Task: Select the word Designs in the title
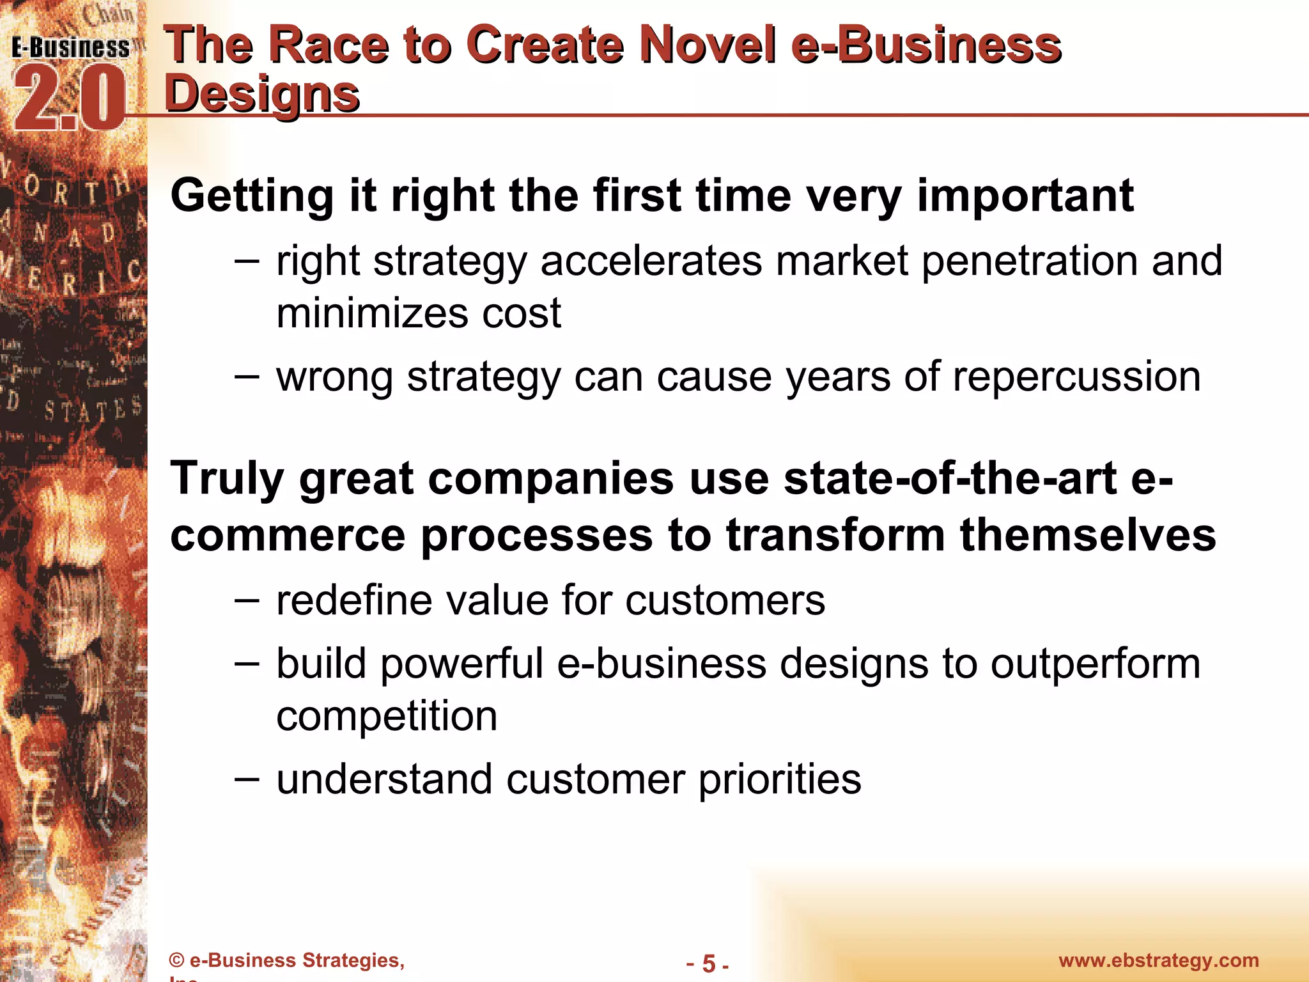(x=262, y=94)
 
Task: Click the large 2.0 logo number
(x=69, y=100)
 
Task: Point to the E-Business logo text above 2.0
(x=70, y=48)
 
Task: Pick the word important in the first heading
(x=1025, y=196)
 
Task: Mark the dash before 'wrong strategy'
(x=247, y=376)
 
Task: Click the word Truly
(x=227, y=479)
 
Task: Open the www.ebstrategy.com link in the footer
(x=1159, y=960)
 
